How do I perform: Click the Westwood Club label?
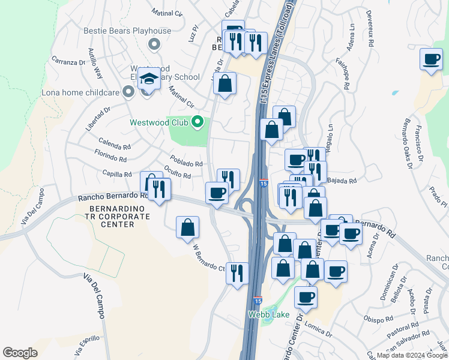[159, 124]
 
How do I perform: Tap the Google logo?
[20, 353]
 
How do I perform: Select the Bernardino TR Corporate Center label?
[111, 216]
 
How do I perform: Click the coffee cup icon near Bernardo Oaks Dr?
[431, 59]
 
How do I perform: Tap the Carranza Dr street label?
[68, 62]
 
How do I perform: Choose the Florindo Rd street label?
[110, 159]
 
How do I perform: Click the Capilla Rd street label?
[117, 174]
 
